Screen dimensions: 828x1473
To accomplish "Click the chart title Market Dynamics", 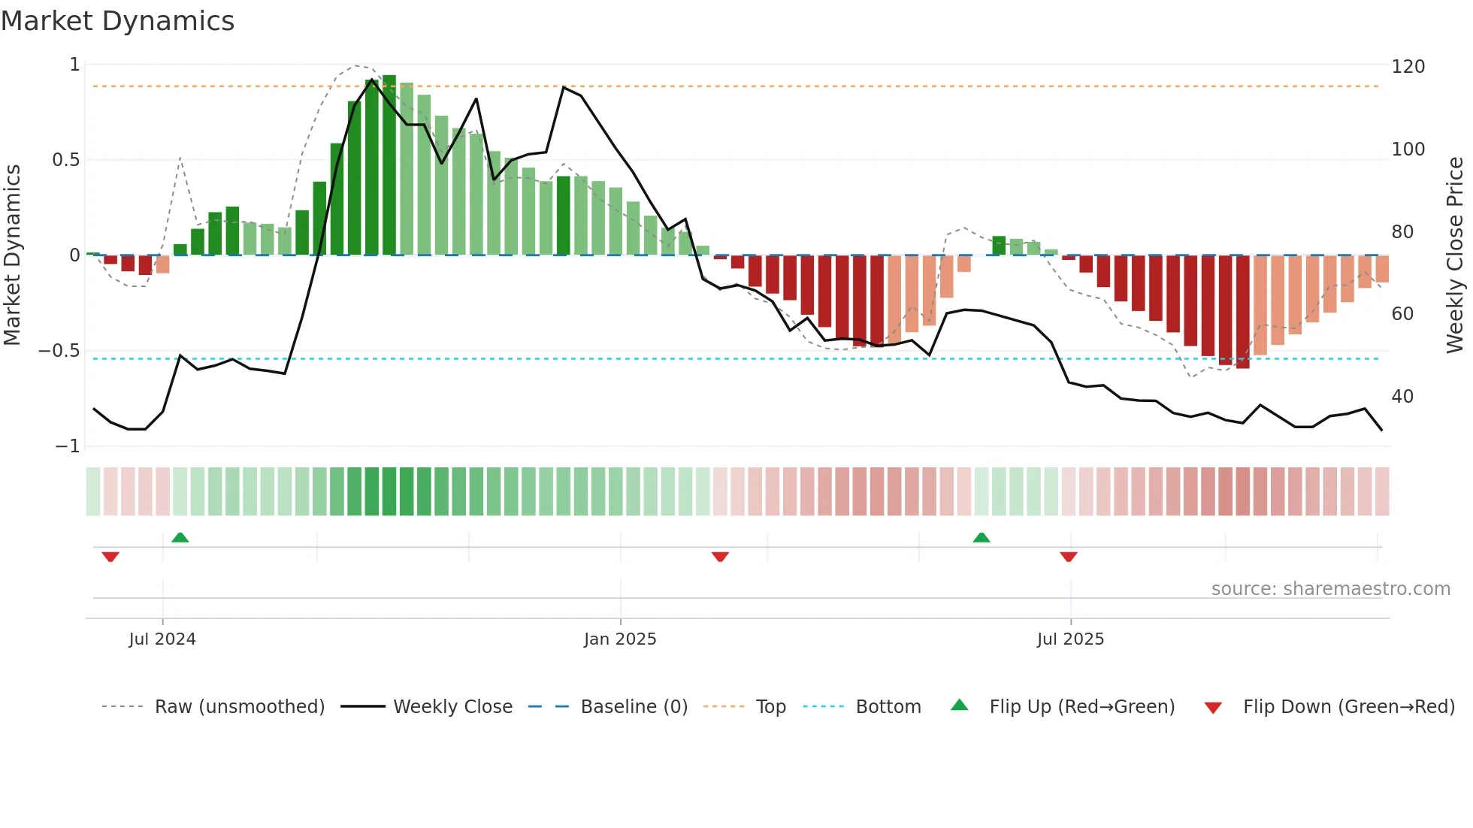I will [x=117, y=21].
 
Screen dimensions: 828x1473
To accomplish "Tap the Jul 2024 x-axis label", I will [x=162, y=639].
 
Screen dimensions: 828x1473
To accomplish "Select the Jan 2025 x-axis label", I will [x=620, y=639].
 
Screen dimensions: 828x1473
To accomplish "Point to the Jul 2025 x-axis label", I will [x=1070, y=639].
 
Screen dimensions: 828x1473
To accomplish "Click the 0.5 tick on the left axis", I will [x=65, y=160].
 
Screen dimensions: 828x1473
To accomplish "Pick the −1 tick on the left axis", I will [x=67, y=446].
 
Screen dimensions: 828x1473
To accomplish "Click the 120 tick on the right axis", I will [x=1408, y=67].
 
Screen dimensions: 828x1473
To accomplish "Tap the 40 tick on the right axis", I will [x=1402, y=397].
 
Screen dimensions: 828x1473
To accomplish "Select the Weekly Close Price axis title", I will [x=1455, y=255].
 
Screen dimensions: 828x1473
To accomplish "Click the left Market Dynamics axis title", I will [x=12, y=255].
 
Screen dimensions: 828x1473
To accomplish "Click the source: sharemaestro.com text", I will [x=1330, y=589].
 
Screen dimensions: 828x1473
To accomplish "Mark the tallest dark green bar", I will [x=389, y=165].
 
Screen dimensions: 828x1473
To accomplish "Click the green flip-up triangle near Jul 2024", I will [x=180, y=537].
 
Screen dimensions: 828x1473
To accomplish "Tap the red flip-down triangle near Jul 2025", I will [x=1069, y=557].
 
